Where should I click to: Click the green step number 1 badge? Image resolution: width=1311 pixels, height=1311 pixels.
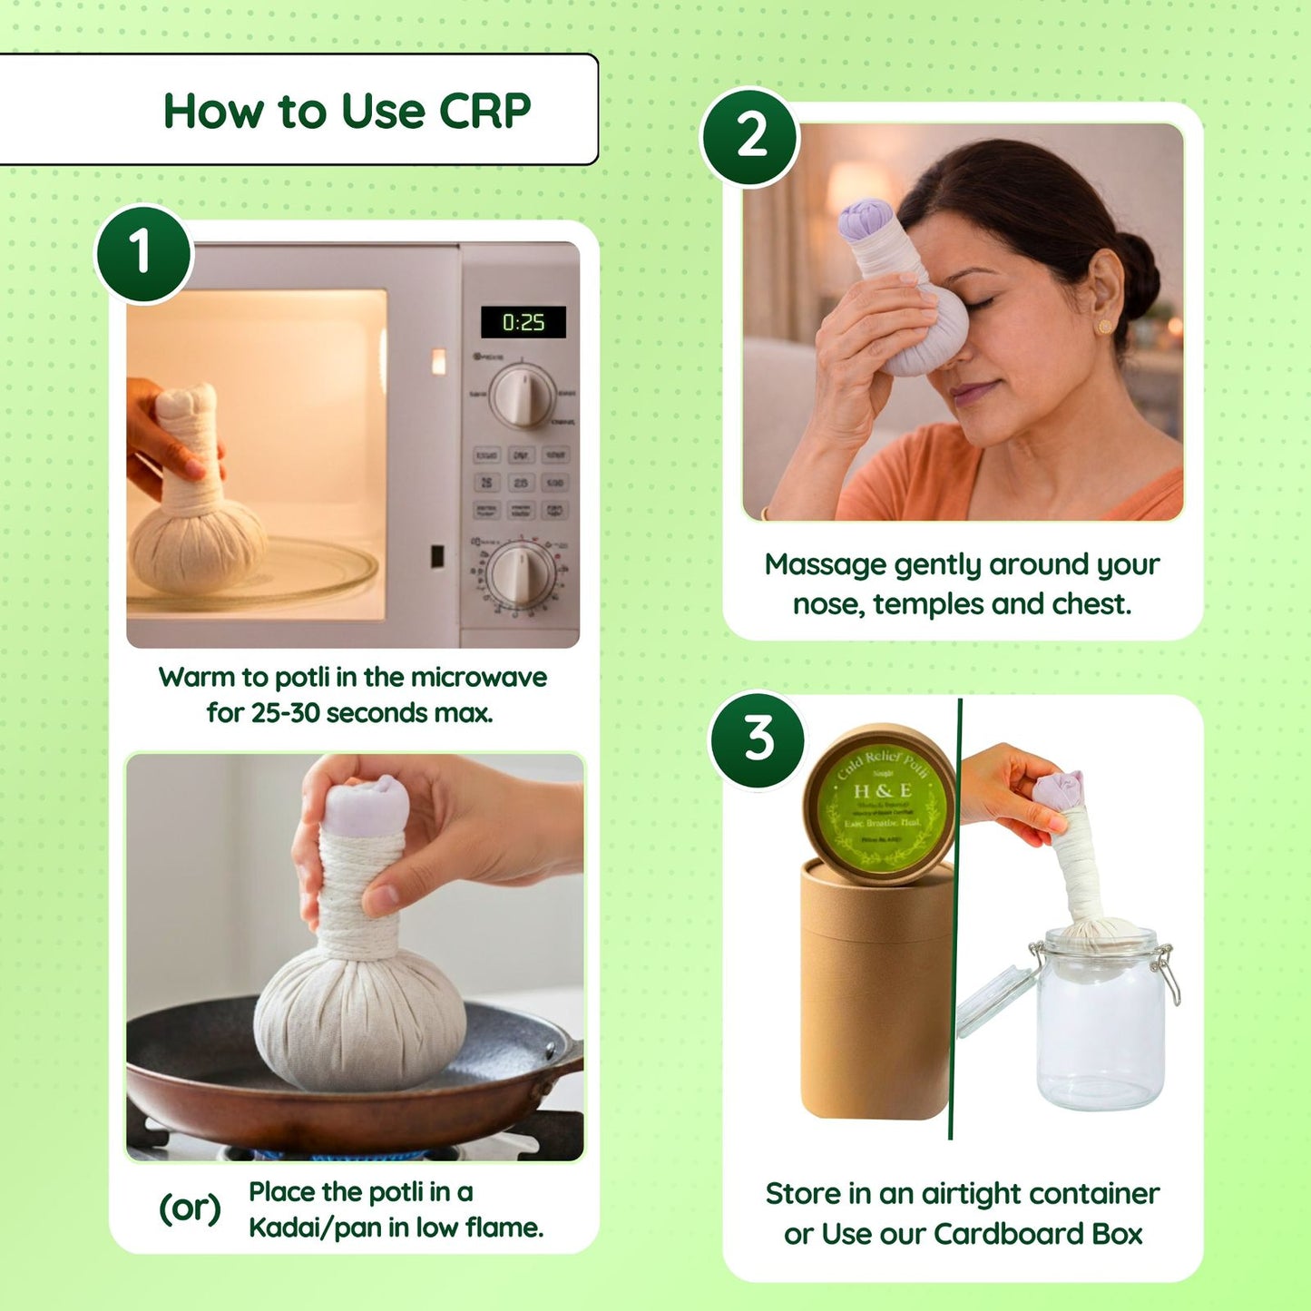point(143,253)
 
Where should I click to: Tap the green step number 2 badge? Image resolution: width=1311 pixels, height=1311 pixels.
point(750,137)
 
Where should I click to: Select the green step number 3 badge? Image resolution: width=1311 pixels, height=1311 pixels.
point(757,739)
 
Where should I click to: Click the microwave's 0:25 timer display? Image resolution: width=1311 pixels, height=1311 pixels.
point(523,322)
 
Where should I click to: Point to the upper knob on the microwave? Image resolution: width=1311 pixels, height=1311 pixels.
point(523,396)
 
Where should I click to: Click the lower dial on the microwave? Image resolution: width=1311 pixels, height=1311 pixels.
point(520,573)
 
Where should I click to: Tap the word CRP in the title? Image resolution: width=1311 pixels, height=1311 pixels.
point(484,112)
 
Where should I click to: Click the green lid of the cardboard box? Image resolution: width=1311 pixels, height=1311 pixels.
point(879,804)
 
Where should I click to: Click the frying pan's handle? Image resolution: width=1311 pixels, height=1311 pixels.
point(566,1062)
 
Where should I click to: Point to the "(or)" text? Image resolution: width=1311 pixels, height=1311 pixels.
point(190,1208)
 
